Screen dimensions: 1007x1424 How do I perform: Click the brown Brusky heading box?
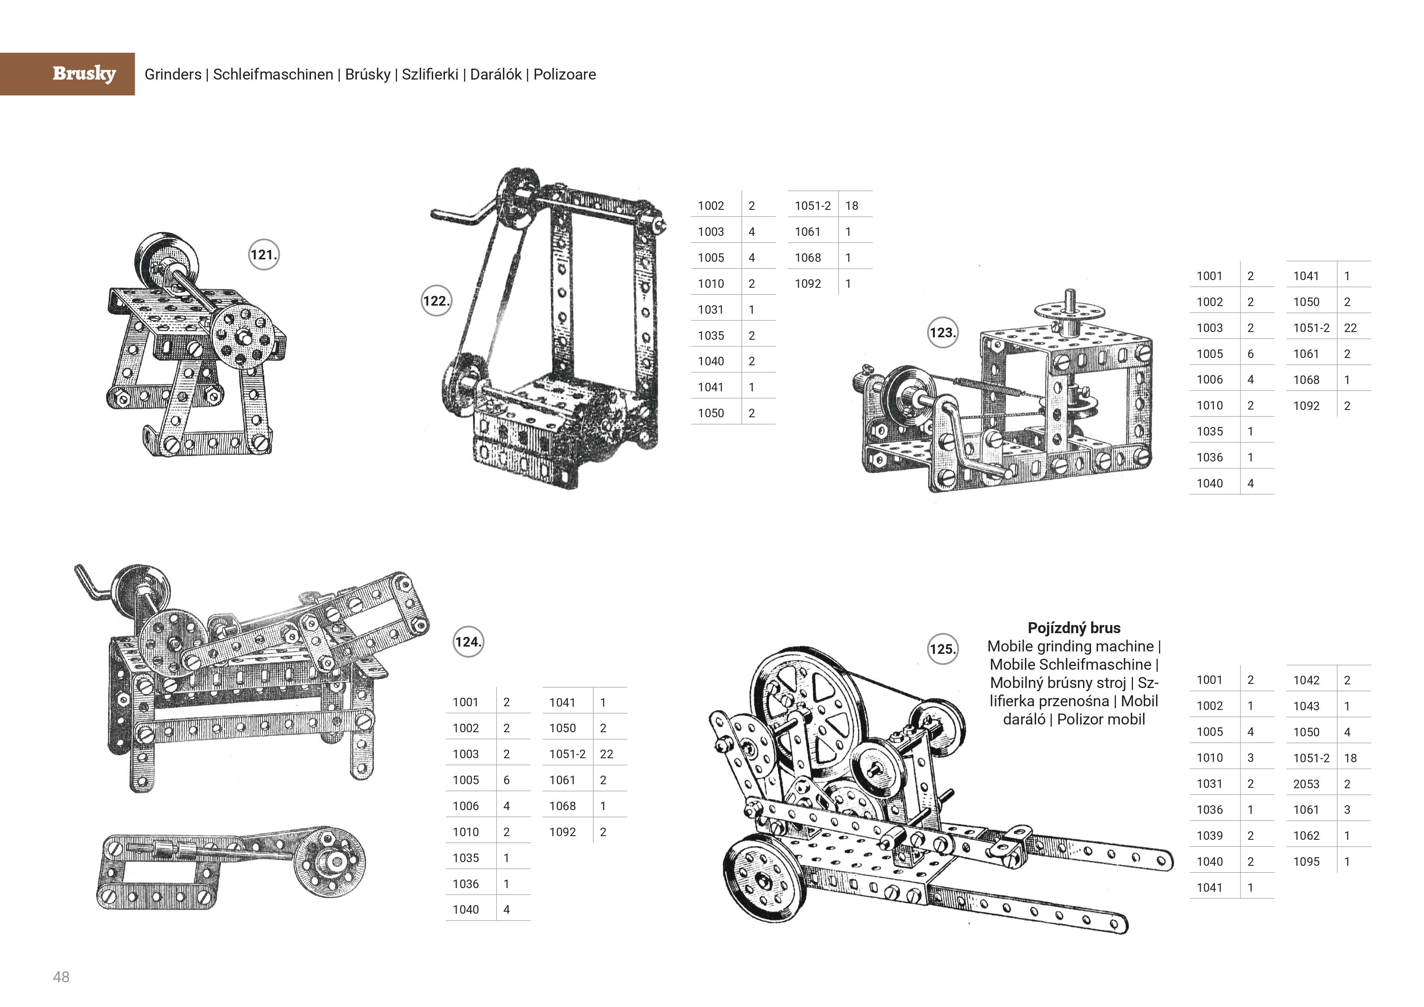pyautogui.click(x=67, y=74)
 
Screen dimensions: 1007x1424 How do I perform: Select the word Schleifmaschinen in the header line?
pyautogui.click(x=273, y=74)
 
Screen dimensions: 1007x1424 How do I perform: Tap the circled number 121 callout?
pyautogui.click(x=263, y=255)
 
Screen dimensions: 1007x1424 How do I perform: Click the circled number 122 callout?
pyautogui.click(x=436, y=301)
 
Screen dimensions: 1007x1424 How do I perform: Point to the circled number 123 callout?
pyautogui.click(x=942, y=333)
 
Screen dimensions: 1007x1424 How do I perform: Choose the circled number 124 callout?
pyautogui.click(x=468, y=642)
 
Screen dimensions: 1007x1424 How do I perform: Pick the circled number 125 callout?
pyautogui.click(x=942, y=649)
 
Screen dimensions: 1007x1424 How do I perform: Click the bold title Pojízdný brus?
pyautogui.click(x=1074, y=628)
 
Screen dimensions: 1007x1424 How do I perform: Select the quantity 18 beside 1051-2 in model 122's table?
pyautogui.click(x=852, y=206)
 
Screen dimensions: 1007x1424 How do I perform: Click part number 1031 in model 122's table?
pyautogui.click(x=711, y=309)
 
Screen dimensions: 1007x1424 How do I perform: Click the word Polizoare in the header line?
pyautogui.click(x=564, y=74)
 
